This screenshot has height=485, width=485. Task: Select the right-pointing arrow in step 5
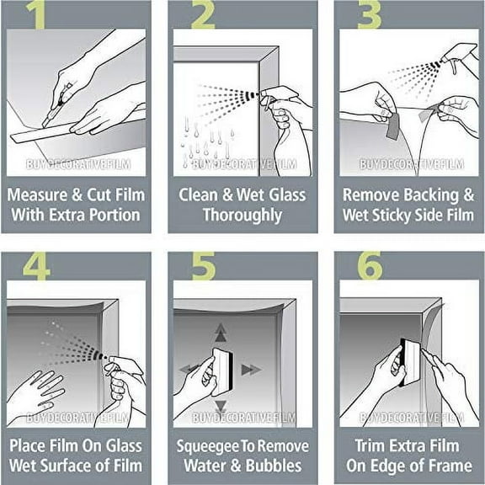(x=250, y=369)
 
